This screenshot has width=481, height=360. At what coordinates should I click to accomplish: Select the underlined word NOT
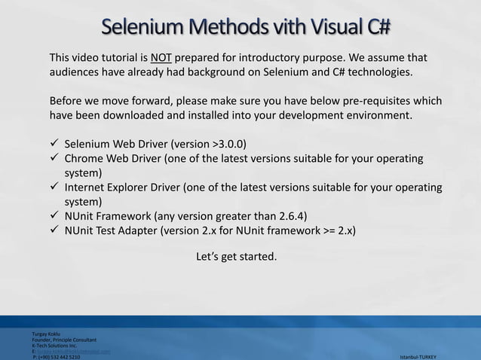coord(161,58)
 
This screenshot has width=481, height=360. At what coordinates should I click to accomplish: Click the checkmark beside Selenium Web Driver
coord(54,144)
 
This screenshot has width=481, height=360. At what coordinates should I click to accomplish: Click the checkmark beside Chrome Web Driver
coord(54,158)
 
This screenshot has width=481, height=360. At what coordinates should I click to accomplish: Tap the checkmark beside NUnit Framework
coord(54,216)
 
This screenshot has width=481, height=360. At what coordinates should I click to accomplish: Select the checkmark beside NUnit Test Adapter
coord(54,230)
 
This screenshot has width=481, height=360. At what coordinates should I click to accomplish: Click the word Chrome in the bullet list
coord(84,158)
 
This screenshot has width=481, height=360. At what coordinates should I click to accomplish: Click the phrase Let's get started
coord(236,258)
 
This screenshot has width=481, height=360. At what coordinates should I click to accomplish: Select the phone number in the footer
coord(58,356)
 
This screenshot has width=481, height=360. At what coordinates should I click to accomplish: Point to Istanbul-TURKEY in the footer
coord(423,356)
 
